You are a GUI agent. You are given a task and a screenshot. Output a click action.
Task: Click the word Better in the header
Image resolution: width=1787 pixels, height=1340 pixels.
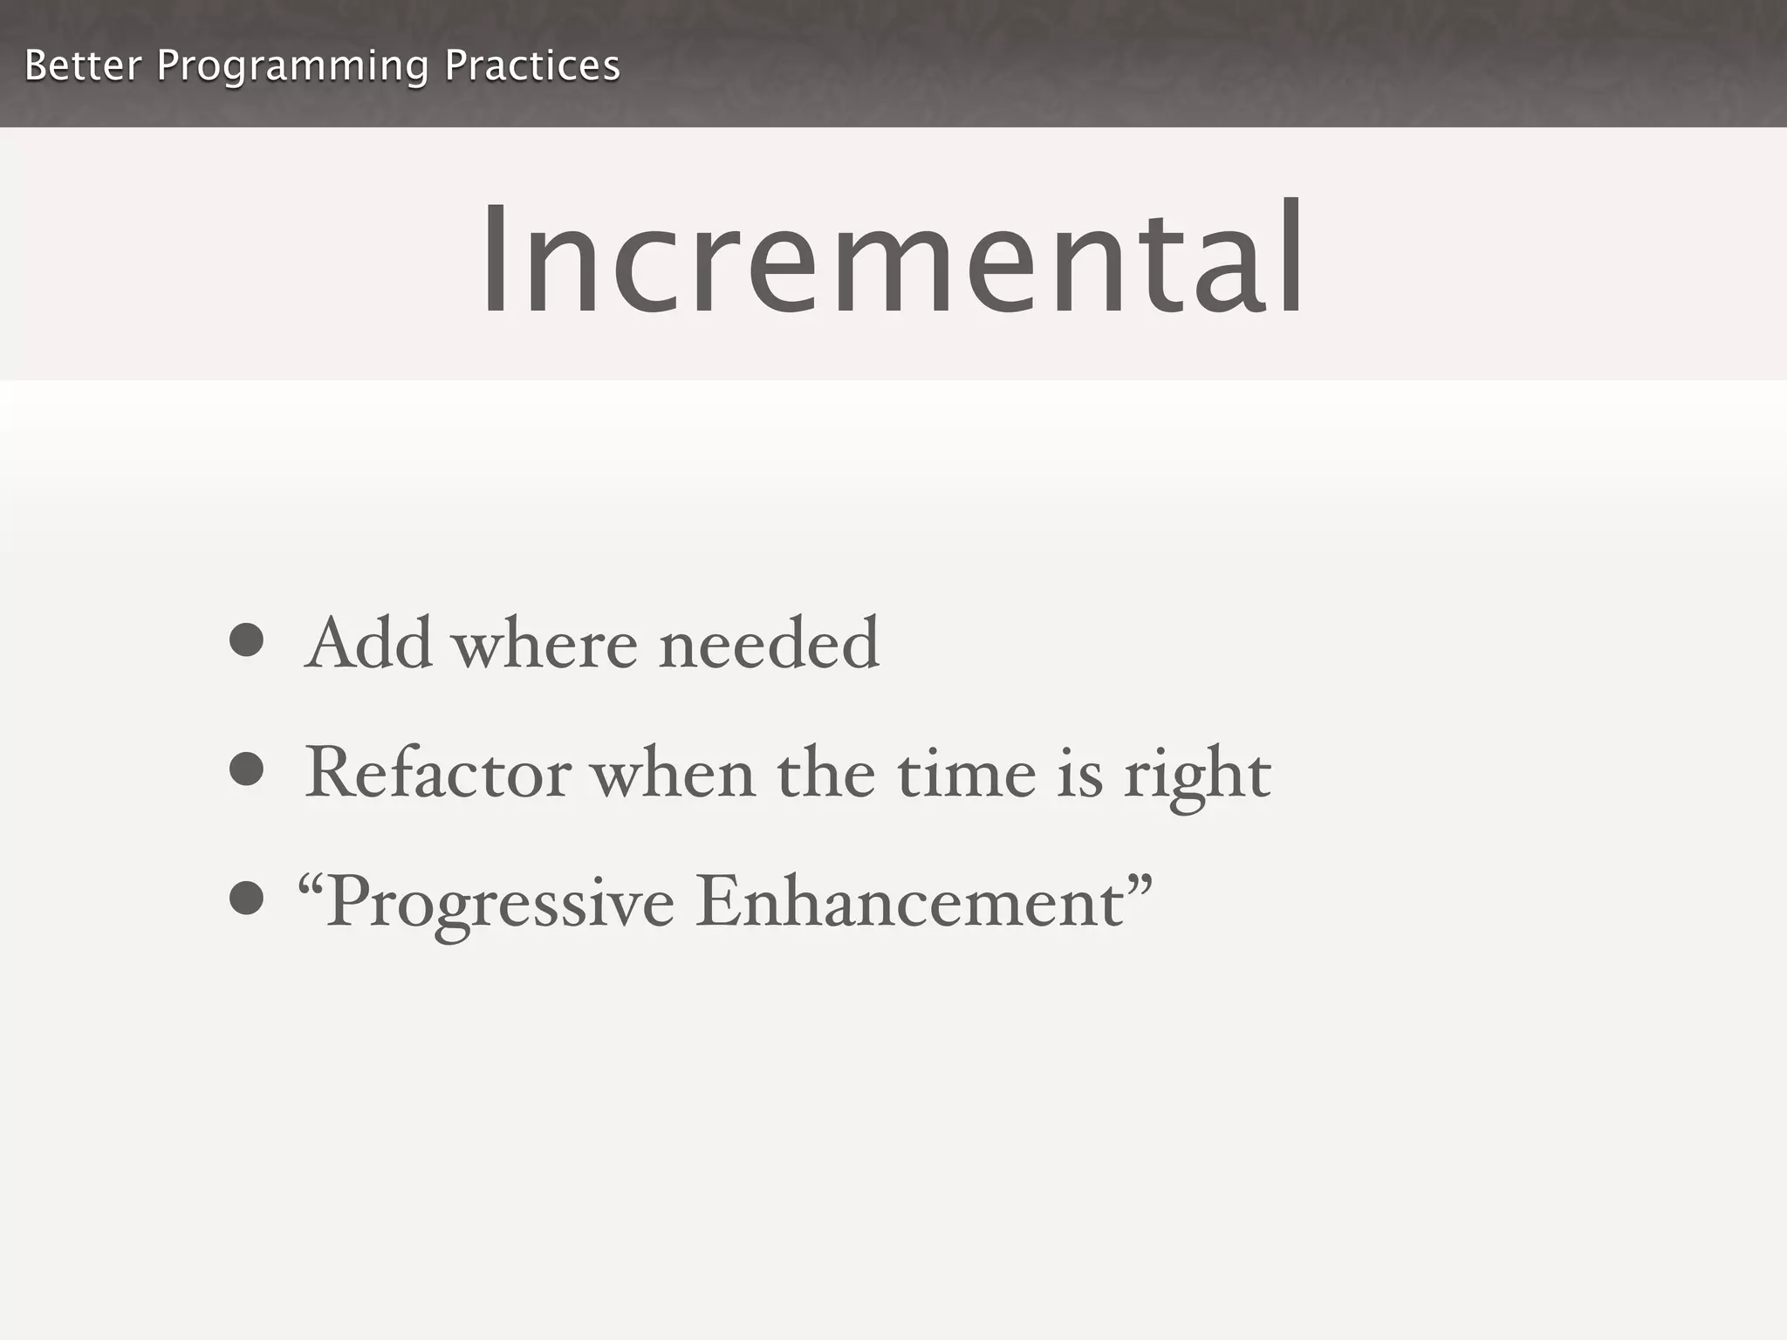coord(83,66)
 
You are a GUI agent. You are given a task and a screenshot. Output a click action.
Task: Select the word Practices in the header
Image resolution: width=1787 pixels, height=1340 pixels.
coord(532,66)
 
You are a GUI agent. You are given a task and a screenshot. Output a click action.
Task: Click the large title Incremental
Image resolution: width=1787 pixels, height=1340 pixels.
coord(893,259)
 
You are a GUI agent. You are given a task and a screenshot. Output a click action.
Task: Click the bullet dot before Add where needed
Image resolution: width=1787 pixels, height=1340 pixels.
coord(247,640)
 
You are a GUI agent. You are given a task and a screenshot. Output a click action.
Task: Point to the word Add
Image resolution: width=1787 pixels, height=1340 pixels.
coord(369,644)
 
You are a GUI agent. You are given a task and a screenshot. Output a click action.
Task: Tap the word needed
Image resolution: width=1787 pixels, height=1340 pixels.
coord(769,644)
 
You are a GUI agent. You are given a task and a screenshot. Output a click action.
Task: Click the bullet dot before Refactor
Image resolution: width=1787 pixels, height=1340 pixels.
coord(247,769)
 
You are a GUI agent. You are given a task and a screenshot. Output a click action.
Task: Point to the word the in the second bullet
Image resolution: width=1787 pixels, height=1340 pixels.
coord(825,773)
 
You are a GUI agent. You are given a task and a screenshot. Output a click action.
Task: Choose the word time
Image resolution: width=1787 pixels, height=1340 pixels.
coord(967,773)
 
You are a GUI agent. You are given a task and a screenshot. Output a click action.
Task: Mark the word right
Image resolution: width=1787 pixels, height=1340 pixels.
coord(1197,776)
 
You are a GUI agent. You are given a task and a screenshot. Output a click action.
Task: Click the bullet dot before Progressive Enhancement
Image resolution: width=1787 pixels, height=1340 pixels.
coord(247,899)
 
